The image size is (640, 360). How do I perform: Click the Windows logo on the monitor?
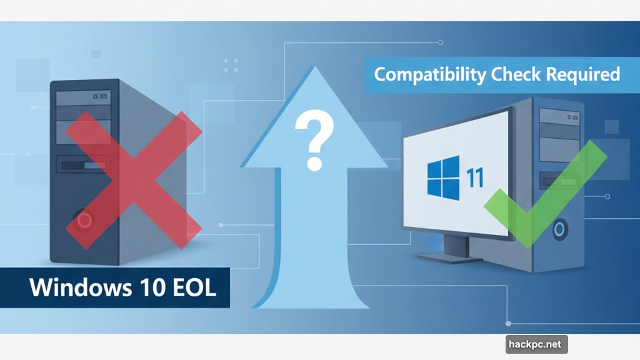(x=444, y=178)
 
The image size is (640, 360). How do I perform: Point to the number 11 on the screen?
(x=475, y=177)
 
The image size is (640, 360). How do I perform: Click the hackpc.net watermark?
(x=536, y=344)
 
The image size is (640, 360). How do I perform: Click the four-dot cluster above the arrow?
(x=231, y=65)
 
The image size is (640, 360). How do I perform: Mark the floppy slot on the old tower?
(x=83, y=166)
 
